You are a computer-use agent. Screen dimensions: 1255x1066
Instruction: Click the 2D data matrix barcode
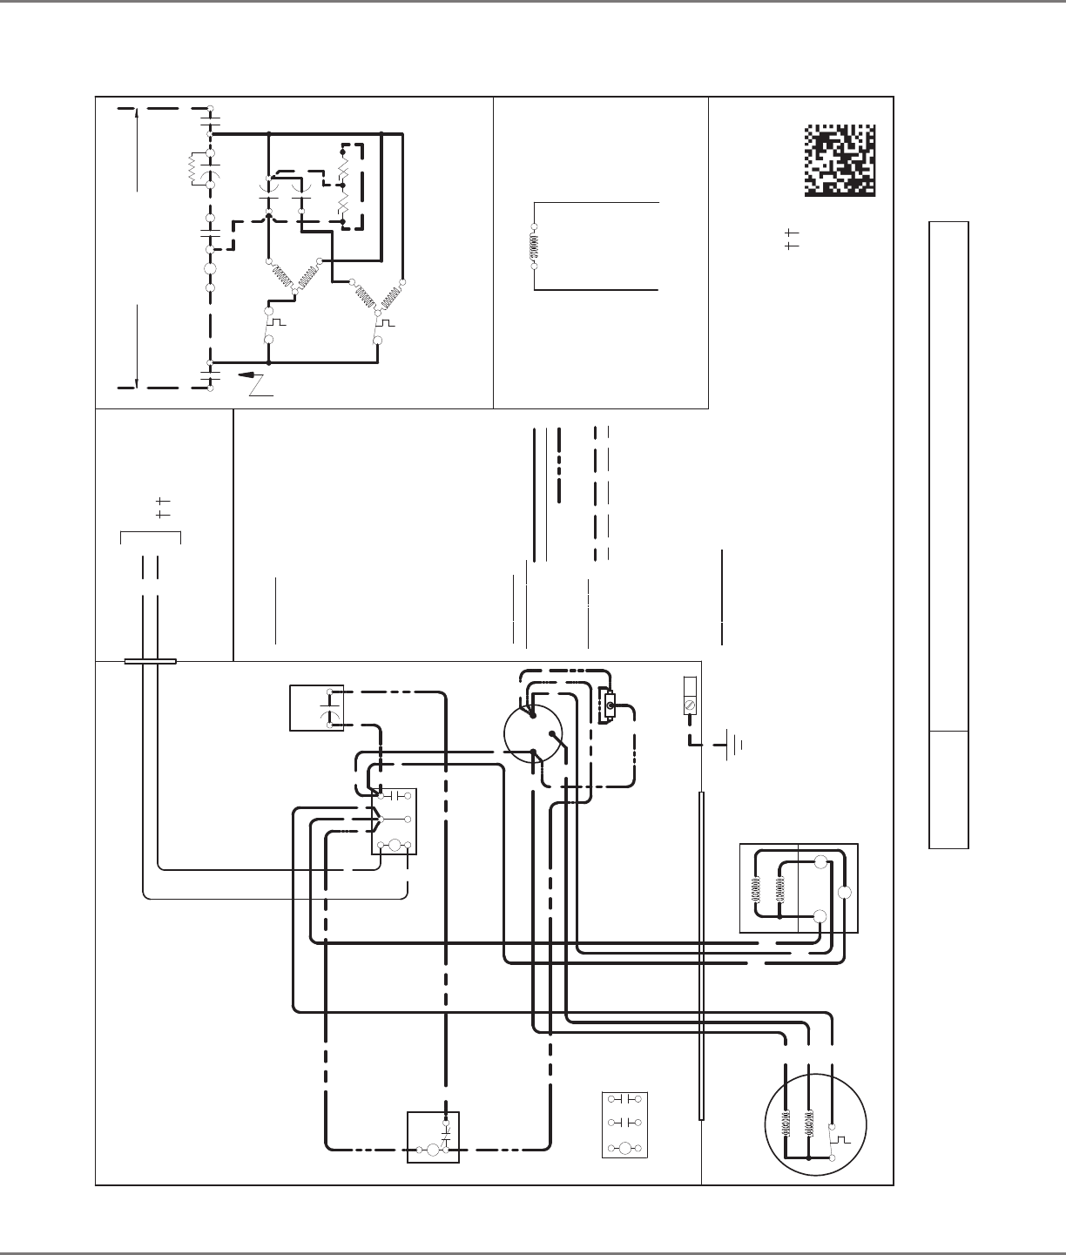(x=839, y=160)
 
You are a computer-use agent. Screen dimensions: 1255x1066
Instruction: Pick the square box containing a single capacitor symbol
(x=316, y=708)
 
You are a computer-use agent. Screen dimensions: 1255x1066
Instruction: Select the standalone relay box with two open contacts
(x=625, y=1123)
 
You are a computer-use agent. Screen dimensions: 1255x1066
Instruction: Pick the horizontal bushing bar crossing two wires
(x=151, y=661)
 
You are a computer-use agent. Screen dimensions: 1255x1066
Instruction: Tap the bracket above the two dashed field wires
(x=150, y=533)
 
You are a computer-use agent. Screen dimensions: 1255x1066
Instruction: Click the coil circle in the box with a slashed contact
(x=432, y=1150)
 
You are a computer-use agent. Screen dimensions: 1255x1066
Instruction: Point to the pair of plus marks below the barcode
(x=791, y=240)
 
